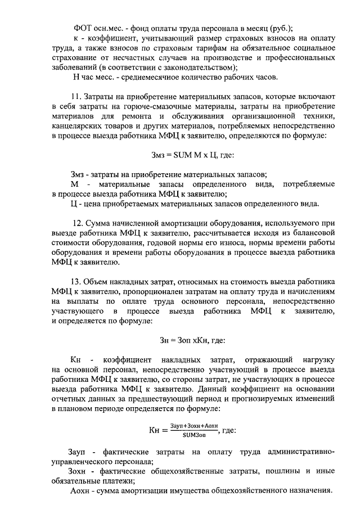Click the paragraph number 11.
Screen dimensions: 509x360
tap(76, 96)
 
